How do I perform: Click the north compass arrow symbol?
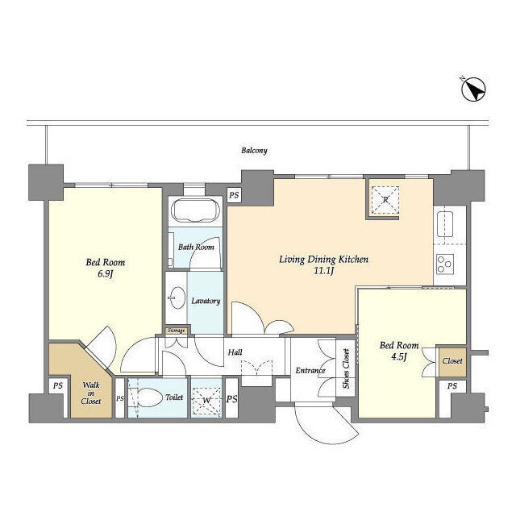(473, 89)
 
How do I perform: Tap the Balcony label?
(254, 151)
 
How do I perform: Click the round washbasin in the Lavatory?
(177, 298)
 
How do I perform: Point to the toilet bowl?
(150, 398)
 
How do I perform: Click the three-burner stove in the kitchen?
(445, 264)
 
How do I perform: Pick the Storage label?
(176, 331)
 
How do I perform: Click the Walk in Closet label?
(91, 393)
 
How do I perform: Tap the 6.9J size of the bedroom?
(105, 274)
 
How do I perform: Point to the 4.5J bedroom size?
(399, 356)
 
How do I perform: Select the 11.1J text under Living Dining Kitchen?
(324, 271)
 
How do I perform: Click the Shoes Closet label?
(346, 368)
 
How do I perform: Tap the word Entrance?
(310, 371)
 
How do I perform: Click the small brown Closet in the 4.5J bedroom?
(452, 362)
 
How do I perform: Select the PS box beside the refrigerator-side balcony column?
(234, 195)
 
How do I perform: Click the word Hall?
(235, 352)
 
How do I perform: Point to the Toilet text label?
(174, 397)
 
